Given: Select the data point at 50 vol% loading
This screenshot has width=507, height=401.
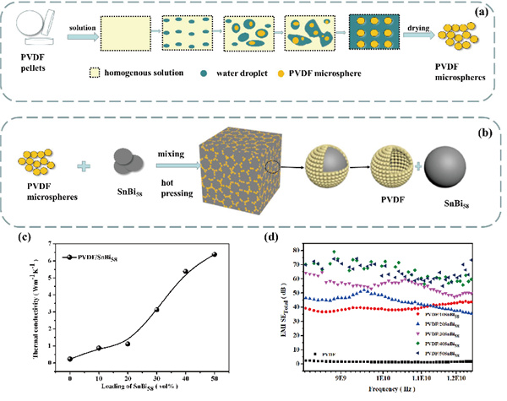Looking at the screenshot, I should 215,254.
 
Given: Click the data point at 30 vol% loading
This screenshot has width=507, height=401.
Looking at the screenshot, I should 157,310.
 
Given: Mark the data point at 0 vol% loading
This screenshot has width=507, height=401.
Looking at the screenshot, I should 70,359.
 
